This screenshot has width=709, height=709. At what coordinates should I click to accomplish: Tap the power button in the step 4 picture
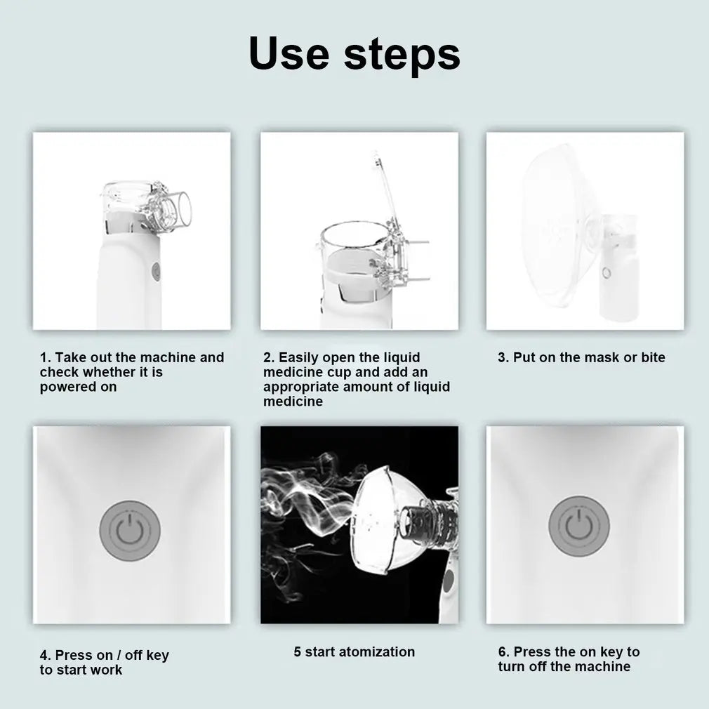[130, 531]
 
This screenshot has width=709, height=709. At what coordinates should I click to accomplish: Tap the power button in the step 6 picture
[578, 526]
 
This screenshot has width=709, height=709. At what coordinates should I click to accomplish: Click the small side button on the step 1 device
[156, 270]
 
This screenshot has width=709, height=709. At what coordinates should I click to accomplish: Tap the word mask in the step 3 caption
[601, 357]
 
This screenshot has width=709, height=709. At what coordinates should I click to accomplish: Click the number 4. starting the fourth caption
[45, 655]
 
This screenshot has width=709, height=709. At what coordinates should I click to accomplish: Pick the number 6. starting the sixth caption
[504, 651]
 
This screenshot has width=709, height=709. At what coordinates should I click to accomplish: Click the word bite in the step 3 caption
[653, 357]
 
